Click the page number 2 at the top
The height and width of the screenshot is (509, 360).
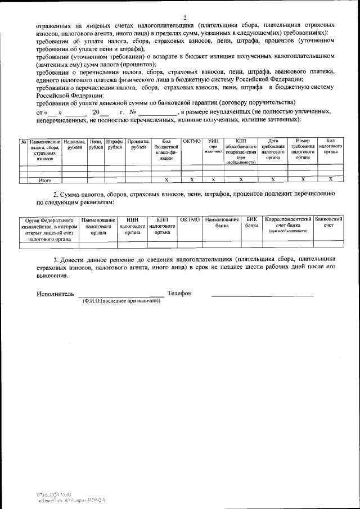pos(184,17)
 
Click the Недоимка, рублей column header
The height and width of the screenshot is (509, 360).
pos(74,145)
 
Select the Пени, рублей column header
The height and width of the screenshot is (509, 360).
pos(96,145)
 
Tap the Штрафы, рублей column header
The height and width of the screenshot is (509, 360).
pos(115,145)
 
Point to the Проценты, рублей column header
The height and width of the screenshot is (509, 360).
pos(138,145)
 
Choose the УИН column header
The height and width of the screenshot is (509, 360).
pos(213,146)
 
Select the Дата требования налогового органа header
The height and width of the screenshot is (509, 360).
pos(273,150)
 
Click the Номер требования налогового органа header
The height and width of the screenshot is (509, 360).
pos(303,150)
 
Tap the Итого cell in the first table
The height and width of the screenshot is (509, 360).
pos(45,180)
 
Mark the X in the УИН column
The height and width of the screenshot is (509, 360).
pos(213,179)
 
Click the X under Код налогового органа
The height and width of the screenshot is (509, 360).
pos(331,179)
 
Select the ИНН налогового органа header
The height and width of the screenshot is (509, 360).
pos(132,225)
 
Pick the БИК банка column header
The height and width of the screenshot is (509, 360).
pos(251,222)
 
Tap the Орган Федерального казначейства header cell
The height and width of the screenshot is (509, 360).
pos(49,229)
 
